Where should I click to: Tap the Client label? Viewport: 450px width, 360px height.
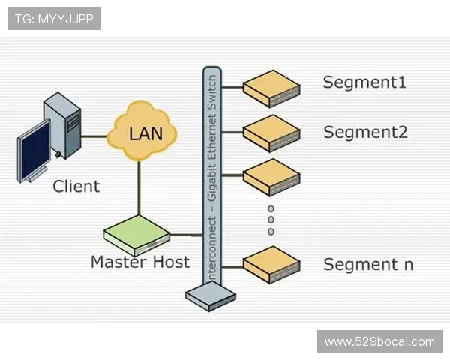(76, 187)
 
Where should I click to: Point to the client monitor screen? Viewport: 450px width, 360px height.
(34, 153)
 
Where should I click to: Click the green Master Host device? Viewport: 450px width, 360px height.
(136, 234)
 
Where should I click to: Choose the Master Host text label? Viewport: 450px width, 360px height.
(139, 262)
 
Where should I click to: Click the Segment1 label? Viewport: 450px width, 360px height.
(364, 82)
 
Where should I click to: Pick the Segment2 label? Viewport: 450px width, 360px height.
(365, 133)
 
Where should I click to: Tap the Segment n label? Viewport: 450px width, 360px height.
(368, 264)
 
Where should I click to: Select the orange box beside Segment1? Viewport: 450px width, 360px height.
(271, 88)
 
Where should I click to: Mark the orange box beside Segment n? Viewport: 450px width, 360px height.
(271, 263)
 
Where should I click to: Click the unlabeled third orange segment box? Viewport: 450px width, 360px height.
(271, 177)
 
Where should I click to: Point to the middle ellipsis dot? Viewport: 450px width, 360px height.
(271, 220)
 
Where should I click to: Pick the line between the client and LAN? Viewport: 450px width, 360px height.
(93, 136)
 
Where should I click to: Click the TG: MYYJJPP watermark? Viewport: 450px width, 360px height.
(54, 19)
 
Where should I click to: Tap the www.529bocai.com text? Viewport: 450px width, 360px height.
(379, 342)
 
